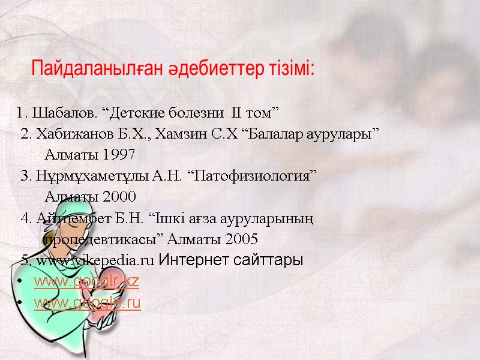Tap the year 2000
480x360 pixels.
click(119, 197)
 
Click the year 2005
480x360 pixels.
click(240, 239)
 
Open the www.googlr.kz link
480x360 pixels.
click(86, 281)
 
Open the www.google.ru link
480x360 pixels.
click(88, 303)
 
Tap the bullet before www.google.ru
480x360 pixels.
click(21, 304)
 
